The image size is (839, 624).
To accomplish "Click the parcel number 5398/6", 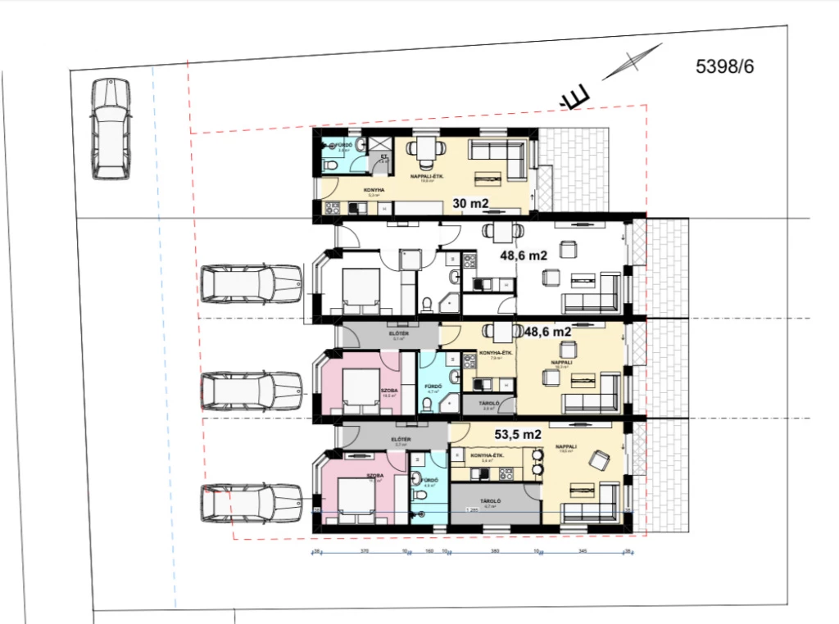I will [x=724, y=67].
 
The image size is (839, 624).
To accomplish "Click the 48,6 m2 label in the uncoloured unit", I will [x=524, y=255].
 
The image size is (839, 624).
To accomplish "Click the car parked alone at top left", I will [x=111, y=129].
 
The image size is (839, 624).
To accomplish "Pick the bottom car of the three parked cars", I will [x=252, y=502].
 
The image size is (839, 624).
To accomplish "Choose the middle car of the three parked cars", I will [x=252, y=391].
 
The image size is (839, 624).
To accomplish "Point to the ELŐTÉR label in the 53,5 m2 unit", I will [x=401, y=440].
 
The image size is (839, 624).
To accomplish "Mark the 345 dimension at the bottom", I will [x=583, y=551].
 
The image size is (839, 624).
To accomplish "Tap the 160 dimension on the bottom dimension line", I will [x=429, y=551].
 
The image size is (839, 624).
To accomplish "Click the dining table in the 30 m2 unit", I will [x=424, y=151].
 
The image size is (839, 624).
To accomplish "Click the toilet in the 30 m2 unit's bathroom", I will [x=330, y=166].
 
